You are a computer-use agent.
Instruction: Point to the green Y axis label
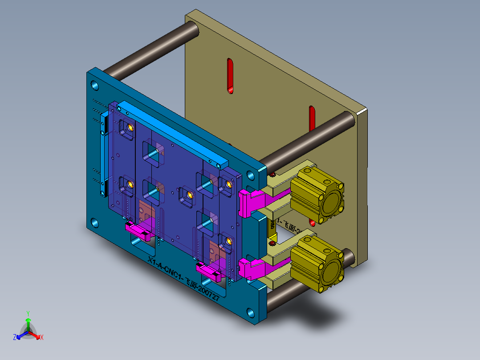(x=28, y=313)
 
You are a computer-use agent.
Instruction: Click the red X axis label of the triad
(x=42, y=337)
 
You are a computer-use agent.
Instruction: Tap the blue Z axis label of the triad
(x=15, y=337)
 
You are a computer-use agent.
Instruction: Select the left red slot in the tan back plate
(x=230, y=76)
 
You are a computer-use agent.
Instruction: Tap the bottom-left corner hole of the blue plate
(x=95, y=222)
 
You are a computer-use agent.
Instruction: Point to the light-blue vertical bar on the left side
(x=104, y=154)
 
